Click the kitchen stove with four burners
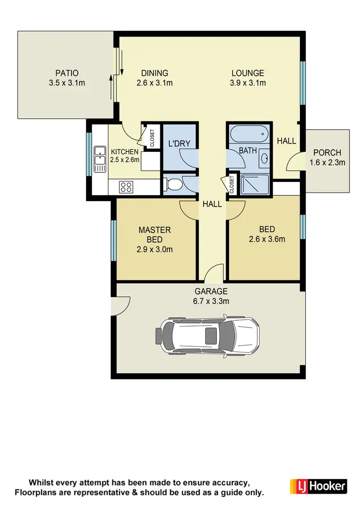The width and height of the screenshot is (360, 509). pos(126,186)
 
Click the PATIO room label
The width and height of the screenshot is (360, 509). pos(67,73)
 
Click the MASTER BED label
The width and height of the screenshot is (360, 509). pos(155,235)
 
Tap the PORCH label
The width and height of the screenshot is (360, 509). pos(327,153)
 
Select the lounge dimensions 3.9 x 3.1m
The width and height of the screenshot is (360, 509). pos(248,83)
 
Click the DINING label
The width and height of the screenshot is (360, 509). pos(155,73)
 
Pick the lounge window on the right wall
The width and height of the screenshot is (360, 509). pos(302,83)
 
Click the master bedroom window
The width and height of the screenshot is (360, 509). pos(113,240)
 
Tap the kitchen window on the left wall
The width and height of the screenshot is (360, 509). pos(89,154)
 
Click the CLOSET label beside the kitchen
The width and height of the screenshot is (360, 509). pos(153,138)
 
